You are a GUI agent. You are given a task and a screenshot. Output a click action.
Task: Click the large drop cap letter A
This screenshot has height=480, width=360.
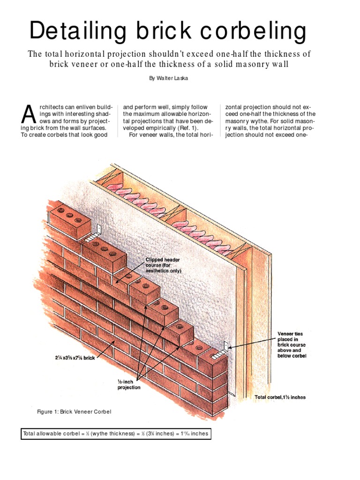click(x=29, y=116)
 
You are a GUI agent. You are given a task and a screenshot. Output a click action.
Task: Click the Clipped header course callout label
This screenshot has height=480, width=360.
click(x=163, y=265)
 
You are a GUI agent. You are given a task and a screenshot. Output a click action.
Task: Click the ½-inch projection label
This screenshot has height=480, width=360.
click(x=128, y=384)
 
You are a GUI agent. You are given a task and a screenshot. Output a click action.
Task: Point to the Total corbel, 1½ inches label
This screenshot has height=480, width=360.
click(x=280, y=397)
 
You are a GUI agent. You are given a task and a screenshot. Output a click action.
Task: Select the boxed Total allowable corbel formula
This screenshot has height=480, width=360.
click(x=115, y=434)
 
